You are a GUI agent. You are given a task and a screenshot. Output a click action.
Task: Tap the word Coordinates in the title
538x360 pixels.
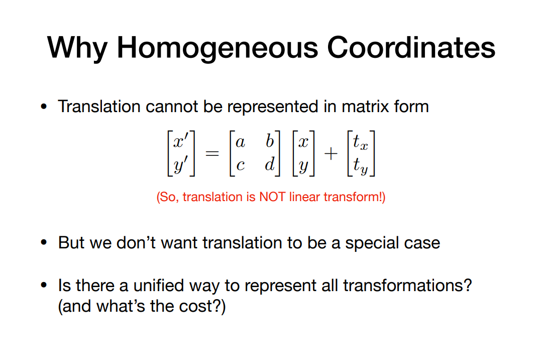tap(411, 47)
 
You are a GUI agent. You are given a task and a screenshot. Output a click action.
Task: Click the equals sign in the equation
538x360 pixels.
tap(212, 153)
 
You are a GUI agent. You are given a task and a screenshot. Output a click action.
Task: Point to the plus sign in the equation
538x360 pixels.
tap(331, 153)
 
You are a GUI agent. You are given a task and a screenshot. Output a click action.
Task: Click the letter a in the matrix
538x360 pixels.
tap(240, 142)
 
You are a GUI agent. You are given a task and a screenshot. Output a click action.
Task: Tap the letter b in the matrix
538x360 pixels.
tap(270, 141)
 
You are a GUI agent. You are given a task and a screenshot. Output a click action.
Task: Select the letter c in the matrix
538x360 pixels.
tap(240, 165)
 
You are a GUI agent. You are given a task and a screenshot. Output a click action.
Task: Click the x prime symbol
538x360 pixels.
tap(181, 140)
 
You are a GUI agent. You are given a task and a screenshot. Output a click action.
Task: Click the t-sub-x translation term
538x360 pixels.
tap(360, 142)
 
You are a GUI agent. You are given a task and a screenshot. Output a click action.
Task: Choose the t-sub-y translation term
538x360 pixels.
tap(360, 165)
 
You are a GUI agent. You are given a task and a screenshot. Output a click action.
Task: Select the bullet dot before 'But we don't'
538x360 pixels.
tap(44, 242)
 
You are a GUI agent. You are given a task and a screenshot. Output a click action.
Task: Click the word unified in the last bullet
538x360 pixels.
tap(159, 285)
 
